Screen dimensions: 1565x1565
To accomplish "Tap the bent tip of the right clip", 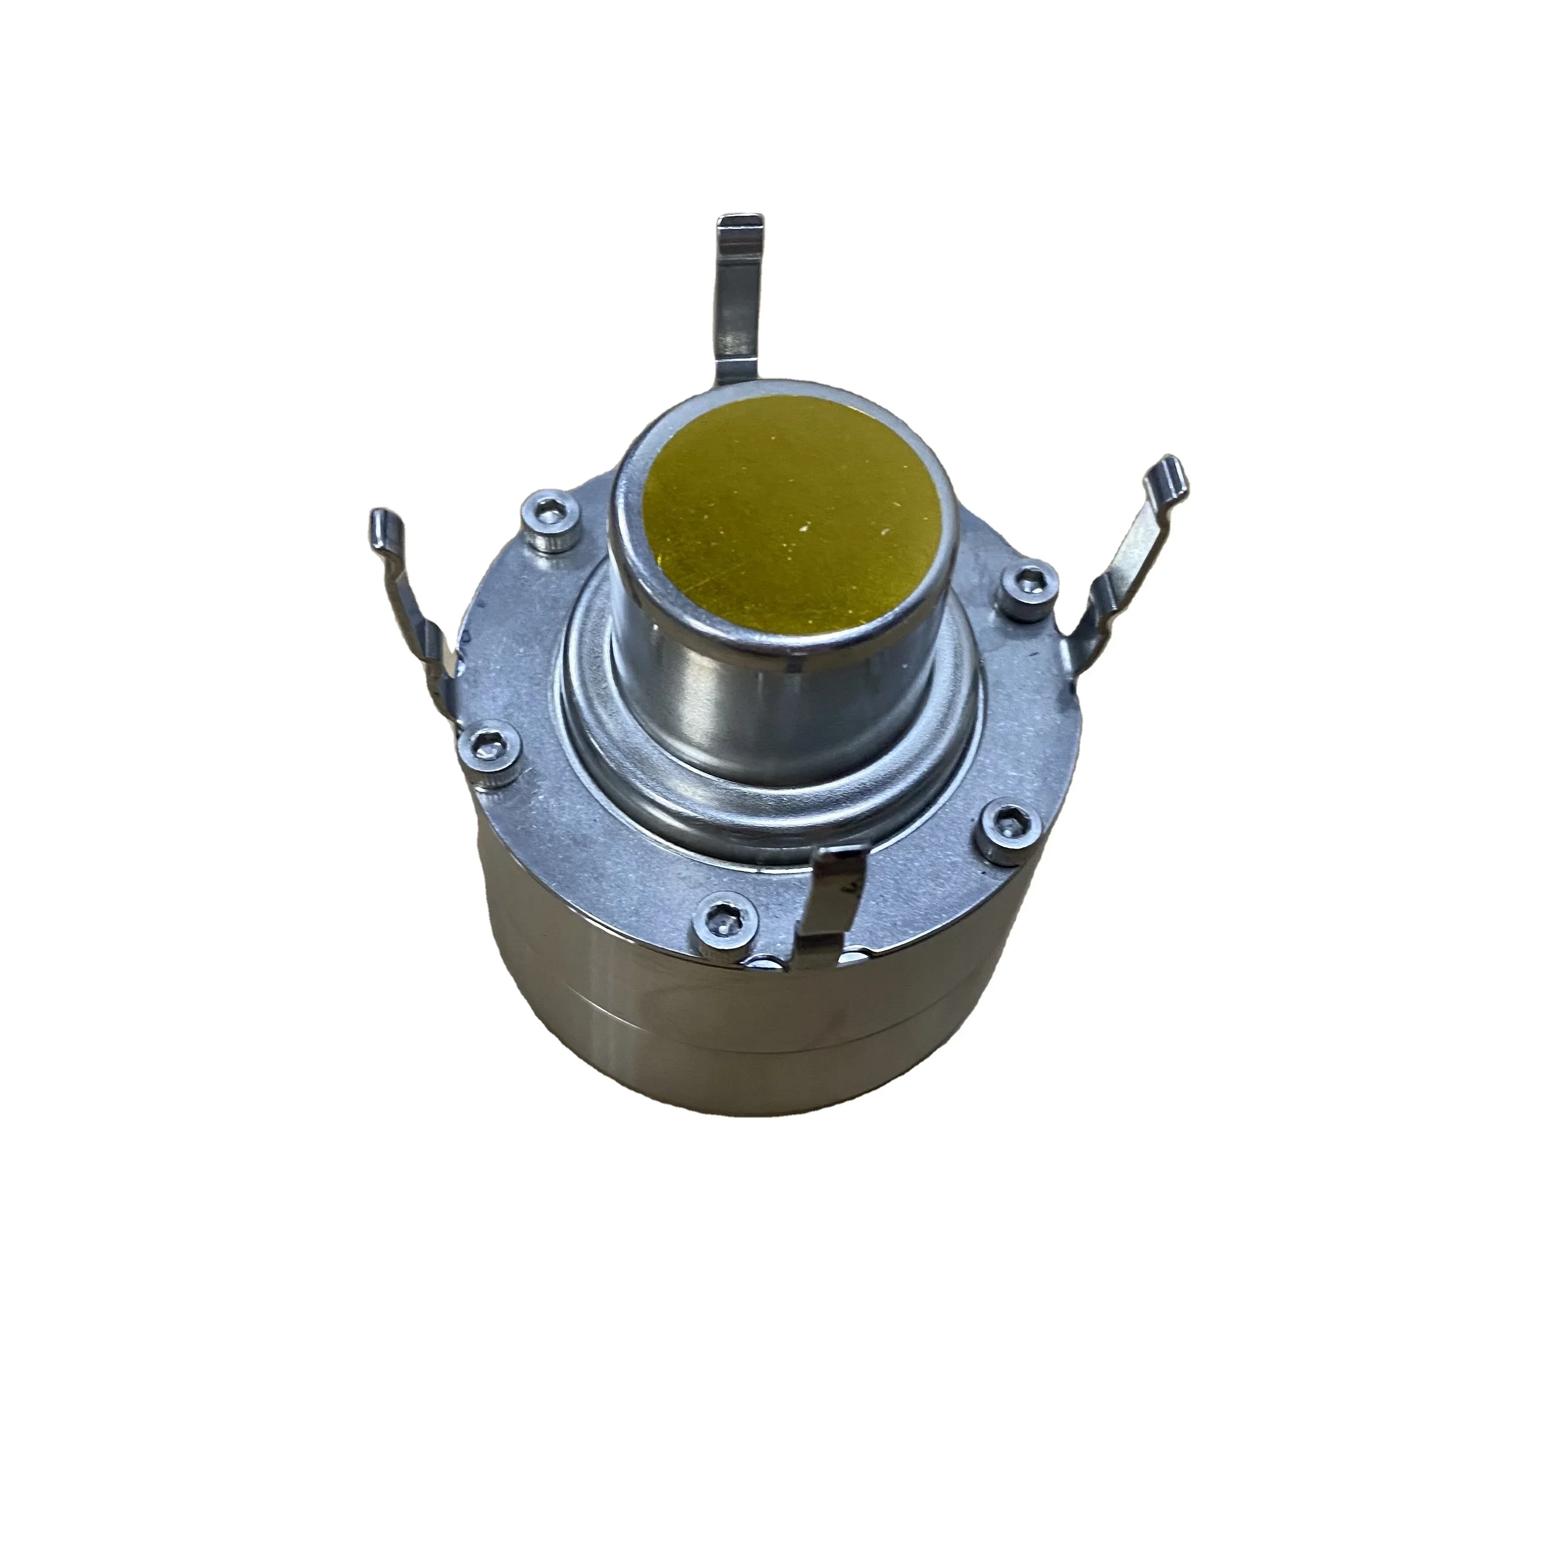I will [x=1171, y=474].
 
